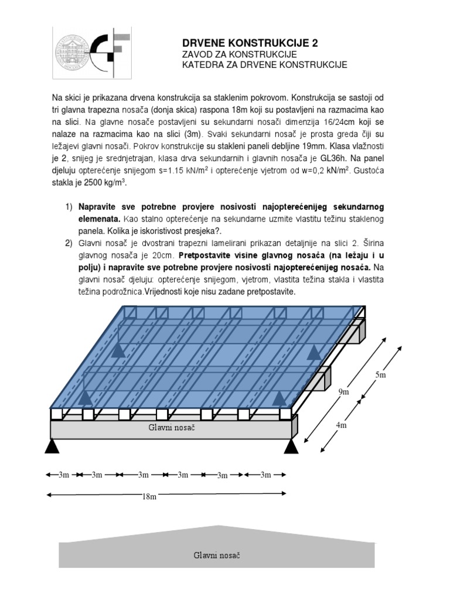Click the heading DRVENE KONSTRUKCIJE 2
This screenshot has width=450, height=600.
click(x=251, y=43)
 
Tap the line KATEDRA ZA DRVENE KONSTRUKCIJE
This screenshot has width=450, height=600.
click(x=265, y=64)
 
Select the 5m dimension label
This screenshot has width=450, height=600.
click(x=380, y=374)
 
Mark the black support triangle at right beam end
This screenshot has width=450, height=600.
click(x=291, y=446)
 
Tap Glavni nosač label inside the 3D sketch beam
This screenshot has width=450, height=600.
click(x=171, y=428)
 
